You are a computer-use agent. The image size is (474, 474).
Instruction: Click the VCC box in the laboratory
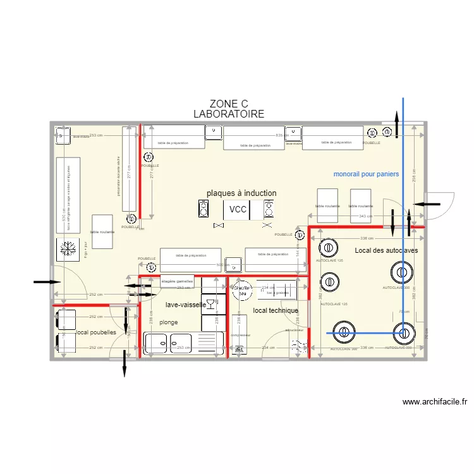(238, 210)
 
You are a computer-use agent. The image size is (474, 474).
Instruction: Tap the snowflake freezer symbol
(66, 249)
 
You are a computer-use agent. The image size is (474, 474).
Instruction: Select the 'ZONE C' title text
(228, 104)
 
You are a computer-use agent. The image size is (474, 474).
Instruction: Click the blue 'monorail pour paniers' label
(366, 174)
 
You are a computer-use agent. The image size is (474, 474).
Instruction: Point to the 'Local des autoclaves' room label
(386, 251)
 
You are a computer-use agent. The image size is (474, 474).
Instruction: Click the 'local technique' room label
(275, 311)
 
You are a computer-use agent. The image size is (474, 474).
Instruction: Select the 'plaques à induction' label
(241, 193)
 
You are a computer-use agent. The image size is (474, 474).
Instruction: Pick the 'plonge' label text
(169, 322)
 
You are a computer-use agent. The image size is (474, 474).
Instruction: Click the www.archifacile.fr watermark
(434, 401)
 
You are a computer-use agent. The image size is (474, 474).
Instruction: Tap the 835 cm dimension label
(279, 135)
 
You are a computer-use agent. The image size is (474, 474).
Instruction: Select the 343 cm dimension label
(365, 217)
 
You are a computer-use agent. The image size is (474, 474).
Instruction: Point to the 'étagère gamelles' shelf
(177, 281)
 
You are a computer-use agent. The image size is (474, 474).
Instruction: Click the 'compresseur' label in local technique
(241, 335)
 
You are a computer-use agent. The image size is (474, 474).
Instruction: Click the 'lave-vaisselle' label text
(185, 305)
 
